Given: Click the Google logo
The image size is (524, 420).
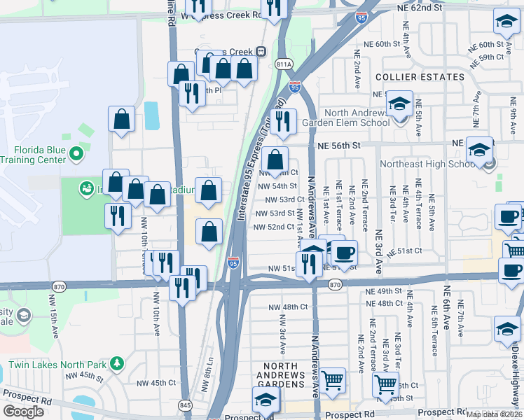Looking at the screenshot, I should pos(23,412).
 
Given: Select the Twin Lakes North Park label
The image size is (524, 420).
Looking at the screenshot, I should pos(57,365).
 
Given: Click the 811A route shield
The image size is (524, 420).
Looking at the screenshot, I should pos(284,64).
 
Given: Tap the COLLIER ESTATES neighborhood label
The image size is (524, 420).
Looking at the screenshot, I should pos(420,77).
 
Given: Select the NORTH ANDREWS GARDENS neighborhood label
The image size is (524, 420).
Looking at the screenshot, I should pos(284,372).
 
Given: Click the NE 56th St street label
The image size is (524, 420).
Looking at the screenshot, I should pos(338,146).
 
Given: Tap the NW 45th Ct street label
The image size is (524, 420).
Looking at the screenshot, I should pos(155,383).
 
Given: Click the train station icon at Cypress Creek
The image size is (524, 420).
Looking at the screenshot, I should pos(260,51).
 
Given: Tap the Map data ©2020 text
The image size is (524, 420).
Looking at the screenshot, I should pos(494,414).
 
